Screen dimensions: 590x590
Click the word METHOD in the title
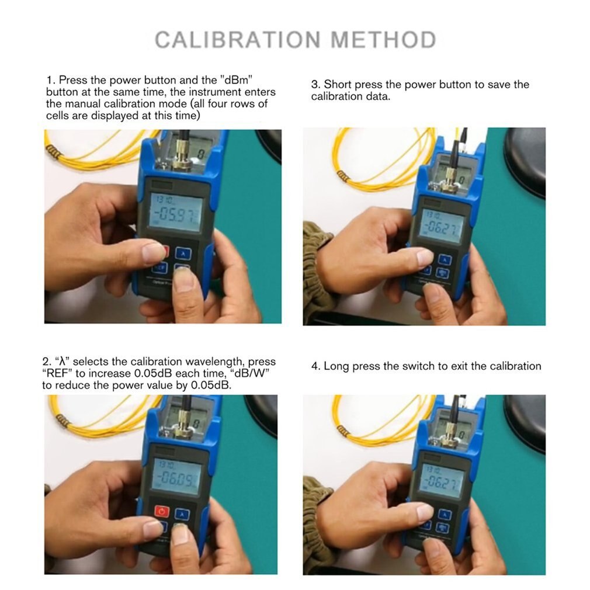tap(383, 40)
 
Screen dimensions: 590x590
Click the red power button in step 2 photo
tap(162, 513)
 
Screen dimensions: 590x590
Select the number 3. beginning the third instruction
tap(315, 85)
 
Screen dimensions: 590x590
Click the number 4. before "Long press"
tap(315, 366)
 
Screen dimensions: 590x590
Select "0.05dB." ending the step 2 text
tap(211, 386)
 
